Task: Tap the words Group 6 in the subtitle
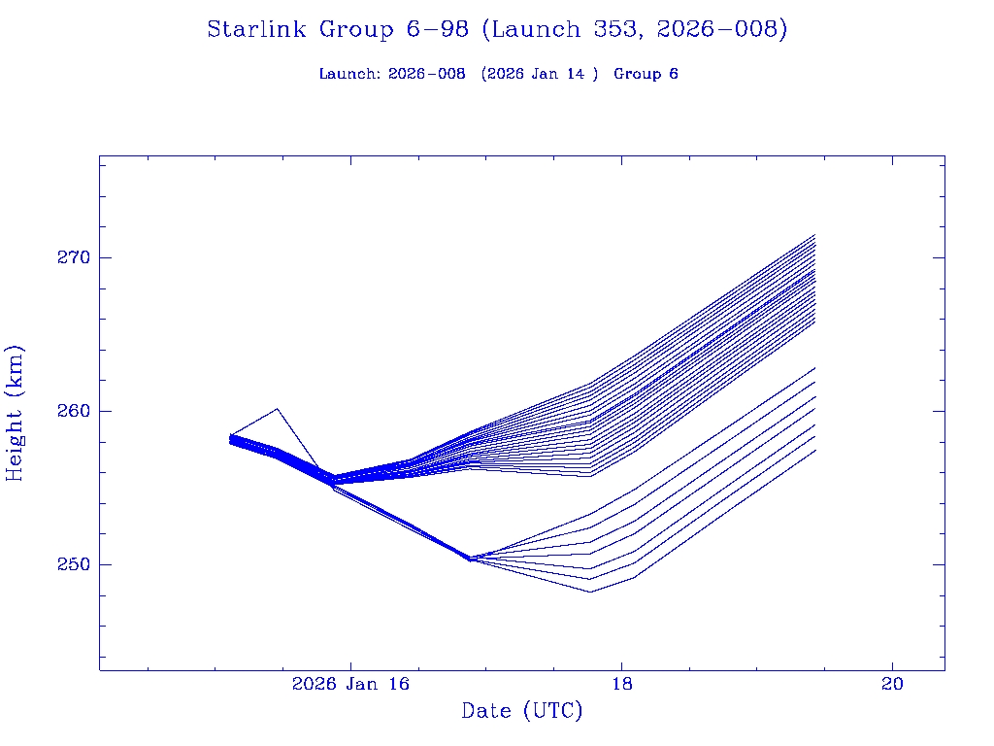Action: pos(646,75)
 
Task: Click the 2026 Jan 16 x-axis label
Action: pos(350,685)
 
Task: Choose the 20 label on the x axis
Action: pos(892,685)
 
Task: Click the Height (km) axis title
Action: pos(16,413)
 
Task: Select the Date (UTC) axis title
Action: pos(522,712)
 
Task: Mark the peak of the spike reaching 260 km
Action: pos(278,409)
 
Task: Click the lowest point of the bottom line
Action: pos(589,592)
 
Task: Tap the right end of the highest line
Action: pos(814,235)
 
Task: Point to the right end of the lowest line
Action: pos(814,450)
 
